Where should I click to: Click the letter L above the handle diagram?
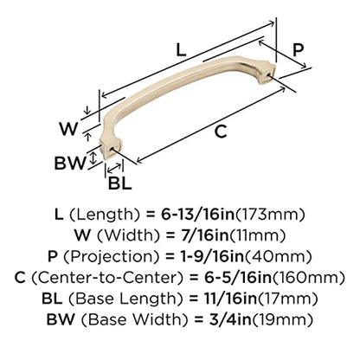(x=182, y=50)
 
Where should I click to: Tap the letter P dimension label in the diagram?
(x=298, y=50)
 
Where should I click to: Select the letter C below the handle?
(x=221, y=132)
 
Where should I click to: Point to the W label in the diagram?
(x=68, y=129)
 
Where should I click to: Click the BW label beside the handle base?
(x=70, y=163)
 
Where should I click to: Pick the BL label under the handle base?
(x=119, y=183)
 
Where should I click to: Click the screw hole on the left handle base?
(x=112, y=149)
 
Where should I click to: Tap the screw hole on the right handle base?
(x=270, y=75)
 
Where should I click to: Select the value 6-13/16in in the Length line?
(x=197, y=215)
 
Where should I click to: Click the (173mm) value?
(x=270, y=215)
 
